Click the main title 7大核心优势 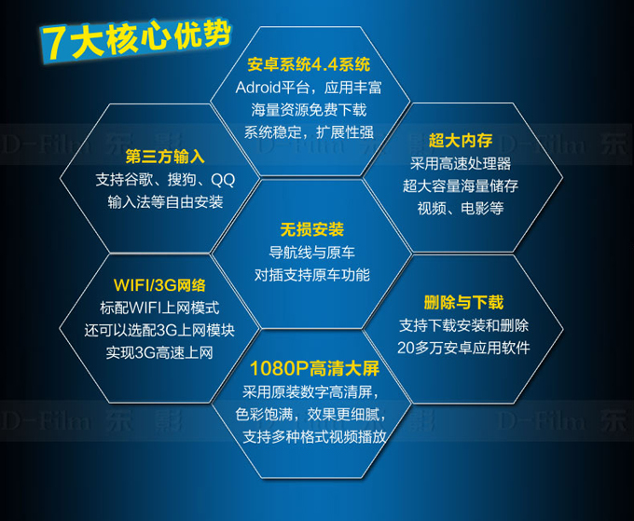click(x=136, y=40)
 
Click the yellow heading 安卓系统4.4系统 click(x=309, y=64)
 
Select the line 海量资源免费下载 click(x=309, y=110)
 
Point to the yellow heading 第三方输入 click(x=165, y=157)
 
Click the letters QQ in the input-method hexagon click(x=223, y=180)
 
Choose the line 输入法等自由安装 click(x=165, y=202)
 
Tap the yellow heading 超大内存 click(x=461, y=141)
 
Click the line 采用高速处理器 click(x=461, y=163)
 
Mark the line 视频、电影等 click(x=461, y=208)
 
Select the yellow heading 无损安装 click(x=312, y=229)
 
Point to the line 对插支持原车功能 click(x=312, y=275)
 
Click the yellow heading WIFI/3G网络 click(x=159, y=285)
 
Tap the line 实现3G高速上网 click(x=159, y=353)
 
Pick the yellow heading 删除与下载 click(x=463, y=302)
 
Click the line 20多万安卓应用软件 click(x=463, y=348)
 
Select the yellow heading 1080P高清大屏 click(x=314, y=369)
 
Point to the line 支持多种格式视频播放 click(x=314, y=436)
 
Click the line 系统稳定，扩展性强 click(x=309, y=132)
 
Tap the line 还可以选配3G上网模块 click(x=159, y=330)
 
